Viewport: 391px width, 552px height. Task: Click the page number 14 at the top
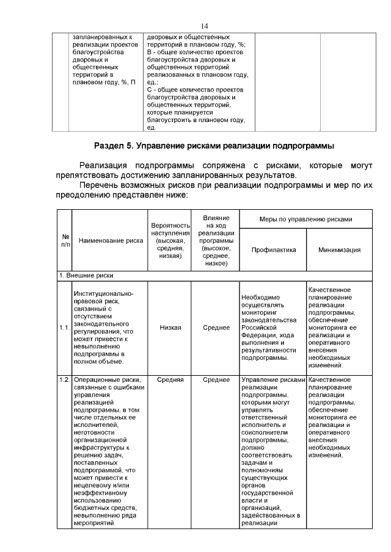pyautogui.click(x=205, y=25)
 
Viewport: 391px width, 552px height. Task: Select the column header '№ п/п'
pyautogui.click(x=65, y=240)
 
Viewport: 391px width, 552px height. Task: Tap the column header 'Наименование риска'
pyautogui.click(x=111, y=240)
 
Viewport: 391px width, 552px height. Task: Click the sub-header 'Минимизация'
pyautogui.click(x=339, y=249)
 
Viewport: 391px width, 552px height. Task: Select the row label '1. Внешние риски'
pyautogui.click(x=86, y=276)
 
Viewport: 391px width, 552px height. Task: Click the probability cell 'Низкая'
pyautogui.click(x=170, y=328)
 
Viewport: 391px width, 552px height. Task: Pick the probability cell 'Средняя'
pyautogui.click(x=170, y=379)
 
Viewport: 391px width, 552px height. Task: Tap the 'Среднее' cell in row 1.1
pyautogui.click(x=216, y=328)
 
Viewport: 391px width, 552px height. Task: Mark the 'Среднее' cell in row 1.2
pyautogui.click(x=216, y=379)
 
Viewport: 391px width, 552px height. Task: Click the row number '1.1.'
pyautogui.click(x=64, y=328)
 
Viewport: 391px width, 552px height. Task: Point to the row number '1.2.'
pyautogui.click(x=64, y=379)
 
